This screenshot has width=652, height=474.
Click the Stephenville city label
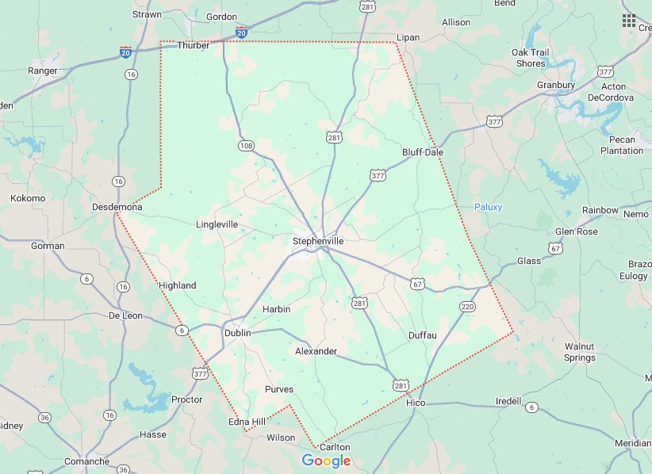[x=318, y=240]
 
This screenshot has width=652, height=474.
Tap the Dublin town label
[x=237, y=333]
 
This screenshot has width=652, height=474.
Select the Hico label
[x=416, y=403]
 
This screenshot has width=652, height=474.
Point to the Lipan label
[x=408, y=37]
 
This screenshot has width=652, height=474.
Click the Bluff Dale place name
[x=423, y=151]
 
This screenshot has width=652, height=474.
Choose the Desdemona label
[x=117, y=207]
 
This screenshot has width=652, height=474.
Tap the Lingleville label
[x=217, y=224]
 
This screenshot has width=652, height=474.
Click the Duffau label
[x=423, y=335]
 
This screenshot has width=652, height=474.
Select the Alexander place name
[x=316, y=350]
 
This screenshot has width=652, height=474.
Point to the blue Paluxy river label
[x=488, y=207]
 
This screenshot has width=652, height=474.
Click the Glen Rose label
[x=576, y=231]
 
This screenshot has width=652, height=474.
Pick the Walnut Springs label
[x=579, y=352]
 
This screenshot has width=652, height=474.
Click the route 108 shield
[x=245, y=146]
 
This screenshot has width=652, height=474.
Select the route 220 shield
[x=466, y=306]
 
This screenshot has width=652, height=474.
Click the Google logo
[x=326, y=461]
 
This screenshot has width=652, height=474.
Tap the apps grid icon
[x=629, y=20]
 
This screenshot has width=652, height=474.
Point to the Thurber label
[x=194, y=45]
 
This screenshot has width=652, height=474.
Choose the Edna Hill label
[x=247, y=422]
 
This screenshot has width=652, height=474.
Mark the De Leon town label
[x=125, y=315]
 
